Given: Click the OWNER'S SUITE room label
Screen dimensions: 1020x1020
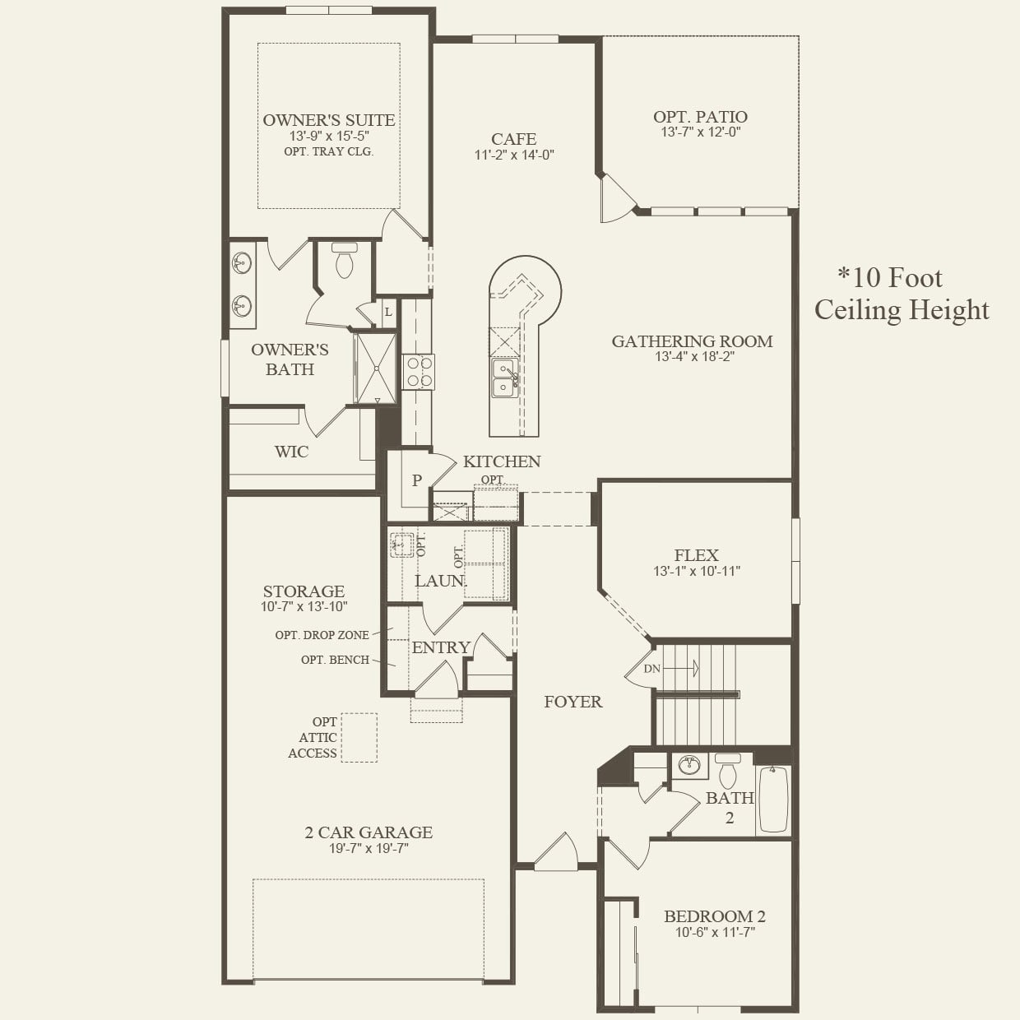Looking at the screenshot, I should (x=328, y=120).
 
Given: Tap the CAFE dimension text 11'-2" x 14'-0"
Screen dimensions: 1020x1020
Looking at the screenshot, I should (x=514, y=155).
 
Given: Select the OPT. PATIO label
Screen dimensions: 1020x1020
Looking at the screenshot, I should (x=700, y=117).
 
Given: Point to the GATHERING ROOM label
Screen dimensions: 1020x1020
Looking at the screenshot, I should (x=692, y=341).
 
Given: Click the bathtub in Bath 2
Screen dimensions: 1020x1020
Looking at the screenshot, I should (x=773, y=799).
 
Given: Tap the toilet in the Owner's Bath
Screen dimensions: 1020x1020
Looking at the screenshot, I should (x=344, y=261).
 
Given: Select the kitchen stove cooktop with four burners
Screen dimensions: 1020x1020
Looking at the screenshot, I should (x=419, y=371).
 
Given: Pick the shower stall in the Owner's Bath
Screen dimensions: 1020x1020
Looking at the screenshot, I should (x=375, y=369).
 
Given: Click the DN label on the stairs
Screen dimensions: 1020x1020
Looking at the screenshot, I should (x=651, y=669).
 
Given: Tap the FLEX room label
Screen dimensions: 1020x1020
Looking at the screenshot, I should (x=696, y=555).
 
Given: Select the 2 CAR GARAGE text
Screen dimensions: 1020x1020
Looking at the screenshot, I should (x=369, y=832).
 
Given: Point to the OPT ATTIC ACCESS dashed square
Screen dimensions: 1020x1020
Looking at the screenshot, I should (x=359, y=737).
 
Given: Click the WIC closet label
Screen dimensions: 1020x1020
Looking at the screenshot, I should (x=291, y=452).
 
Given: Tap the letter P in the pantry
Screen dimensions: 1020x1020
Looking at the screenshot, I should (x=417, y=480).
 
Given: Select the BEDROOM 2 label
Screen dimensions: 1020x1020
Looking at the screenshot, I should (x=715, y=916).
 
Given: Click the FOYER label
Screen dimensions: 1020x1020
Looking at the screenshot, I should (x=573, y=702).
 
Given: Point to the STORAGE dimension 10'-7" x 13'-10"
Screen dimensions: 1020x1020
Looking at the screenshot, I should (x=304, y=607).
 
